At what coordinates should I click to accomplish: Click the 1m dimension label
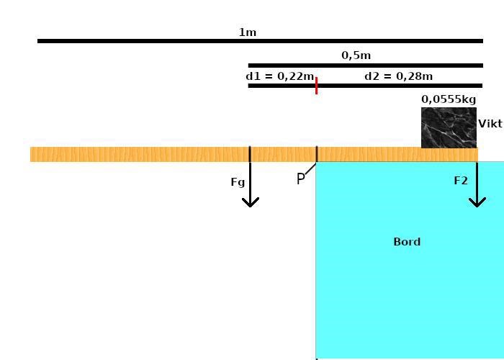248,32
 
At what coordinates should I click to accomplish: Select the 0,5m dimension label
356,55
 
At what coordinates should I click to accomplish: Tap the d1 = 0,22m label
280,76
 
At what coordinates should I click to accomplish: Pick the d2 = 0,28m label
399,76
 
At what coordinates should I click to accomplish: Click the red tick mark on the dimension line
316,86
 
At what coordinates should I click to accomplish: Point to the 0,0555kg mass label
449,99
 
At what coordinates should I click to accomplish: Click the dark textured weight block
449,127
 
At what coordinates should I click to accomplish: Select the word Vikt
490,124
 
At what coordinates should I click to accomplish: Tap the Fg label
238,182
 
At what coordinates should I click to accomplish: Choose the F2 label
461,181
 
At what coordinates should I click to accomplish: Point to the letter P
301,179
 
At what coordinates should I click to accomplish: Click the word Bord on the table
407,242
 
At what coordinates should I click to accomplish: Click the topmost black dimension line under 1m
260,41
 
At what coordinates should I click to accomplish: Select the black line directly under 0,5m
365,66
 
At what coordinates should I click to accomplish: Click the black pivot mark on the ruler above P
317,153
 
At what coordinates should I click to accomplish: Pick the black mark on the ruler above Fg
250,153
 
